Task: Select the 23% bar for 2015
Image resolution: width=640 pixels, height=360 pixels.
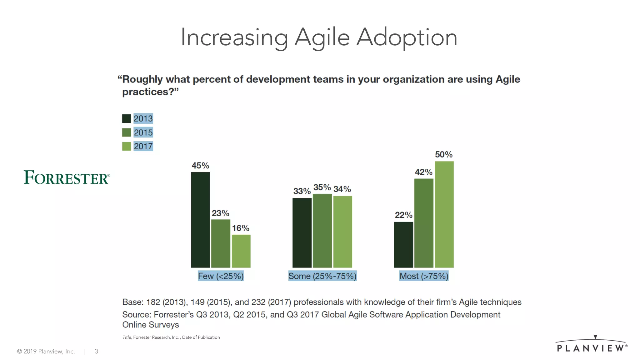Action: (x=221, y=243)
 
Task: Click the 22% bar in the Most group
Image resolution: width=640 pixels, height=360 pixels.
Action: (x=403, y=245)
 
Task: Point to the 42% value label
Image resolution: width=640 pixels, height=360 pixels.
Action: (x=423, y=172)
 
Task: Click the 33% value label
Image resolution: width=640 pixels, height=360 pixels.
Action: (x=302, y=191)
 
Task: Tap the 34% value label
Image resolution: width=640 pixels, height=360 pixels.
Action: (x=342, y=189)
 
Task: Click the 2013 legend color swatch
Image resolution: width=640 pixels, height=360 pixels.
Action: (x=127, y=119)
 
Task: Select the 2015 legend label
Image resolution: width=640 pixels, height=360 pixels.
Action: (x=143, y=132)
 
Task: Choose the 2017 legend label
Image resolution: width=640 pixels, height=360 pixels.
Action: (x=143, y=146)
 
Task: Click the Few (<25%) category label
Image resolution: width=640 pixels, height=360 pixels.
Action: (x=221, y=276)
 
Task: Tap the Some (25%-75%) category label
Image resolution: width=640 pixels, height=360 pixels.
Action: (x=322, y=276)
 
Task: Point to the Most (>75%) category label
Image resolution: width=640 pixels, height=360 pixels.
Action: (x=424, y=276)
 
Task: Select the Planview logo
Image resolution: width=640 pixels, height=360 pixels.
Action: (x=592, y=345)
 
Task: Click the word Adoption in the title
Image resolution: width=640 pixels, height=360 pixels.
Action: (x=407, y=37)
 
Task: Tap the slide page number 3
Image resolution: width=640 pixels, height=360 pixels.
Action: (x=96, y=352)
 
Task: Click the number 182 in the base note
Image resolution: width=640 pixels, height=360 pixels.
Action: (x=153, y=302)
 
